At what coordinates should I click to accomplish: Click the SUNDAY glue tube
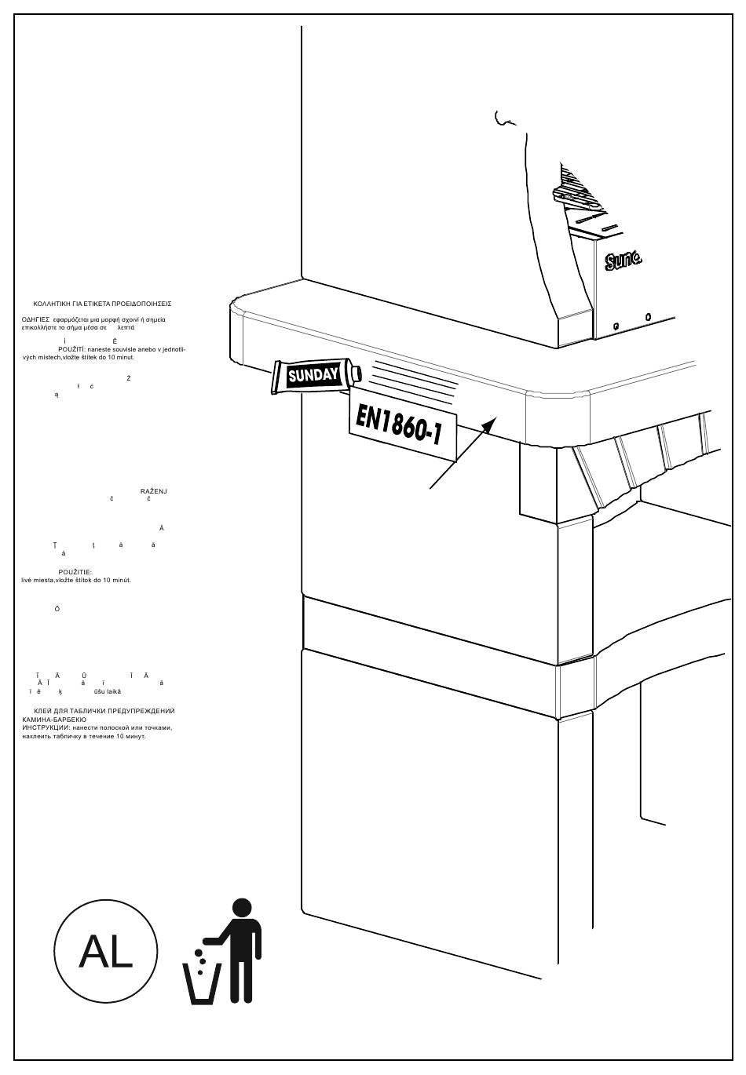click(x=313, y=376)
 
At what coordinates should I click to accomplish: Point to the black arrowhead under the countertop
click(x=488, y=425)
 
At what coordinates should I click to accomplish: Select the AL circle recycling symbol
click(x=106, y=952)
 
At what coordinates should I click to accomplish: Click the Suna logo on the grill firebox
click(x=623, y=260)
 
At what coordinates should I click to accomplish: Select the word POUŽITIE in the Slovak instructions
click(x=75, y=572)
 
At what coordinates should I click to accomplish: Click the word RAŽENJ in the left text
click(x=154, y=491)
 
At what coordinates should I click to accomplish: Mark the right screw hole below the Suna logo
click(x=648, y=318)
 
